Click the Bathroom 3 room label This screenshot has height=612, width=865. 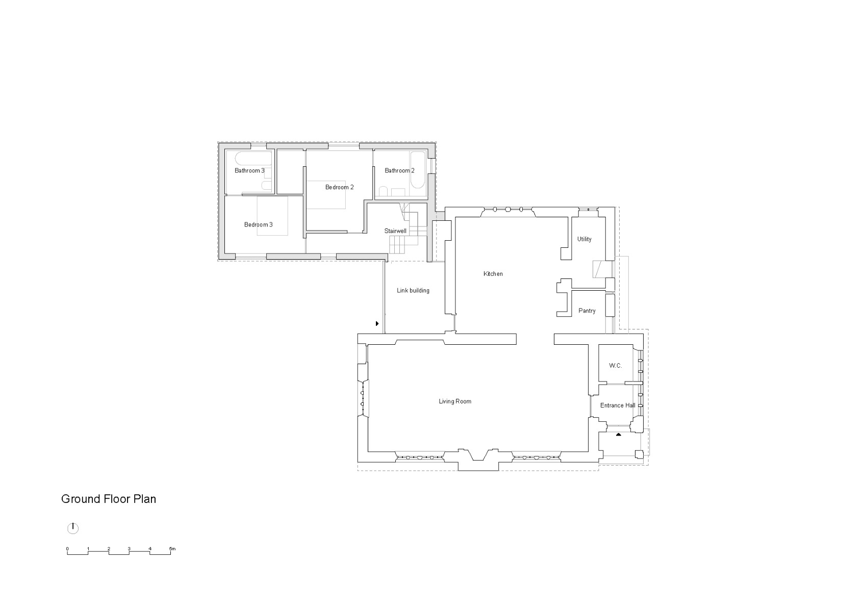tap(249, 170)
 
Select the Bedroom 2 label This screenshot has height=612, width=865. tap(339, 187)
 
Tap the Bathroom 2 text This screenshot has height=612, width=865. tap(399, 170)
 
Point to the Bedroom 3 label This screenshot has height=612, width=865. tap(258, 224)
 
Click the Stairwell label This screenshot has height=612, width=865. tap(395, 231)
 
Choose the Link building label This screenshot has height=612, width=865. tap(413, 291)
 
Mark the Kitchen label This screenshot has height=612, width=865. tap(493, 274)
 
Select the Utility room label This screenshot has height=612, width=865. tap(584, 239)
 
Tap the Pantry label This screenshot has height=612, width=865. tap(587, 311)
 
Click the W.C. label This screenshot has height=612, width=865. tap(615, 366)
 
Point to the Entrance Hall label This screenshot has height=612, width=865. tap(617, 405)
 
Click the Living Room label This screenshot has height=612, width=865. tap(455, 401)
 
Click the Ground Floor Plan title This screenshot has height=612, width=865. tap(108, 499)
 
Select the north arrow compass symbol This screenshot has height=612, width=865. tap(73, 528)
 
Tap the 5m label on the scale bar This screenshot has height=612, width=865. tap(172, 549)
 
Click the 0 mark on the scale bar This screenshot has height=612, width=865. tap(67, 549)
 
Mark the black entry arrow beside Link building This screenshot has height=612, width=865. tap(377, 323)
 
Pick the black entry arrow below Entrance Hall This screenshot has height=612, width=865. tap(618, 435)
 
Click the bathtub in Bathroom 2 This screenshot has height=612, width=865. tap(418, 176)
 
